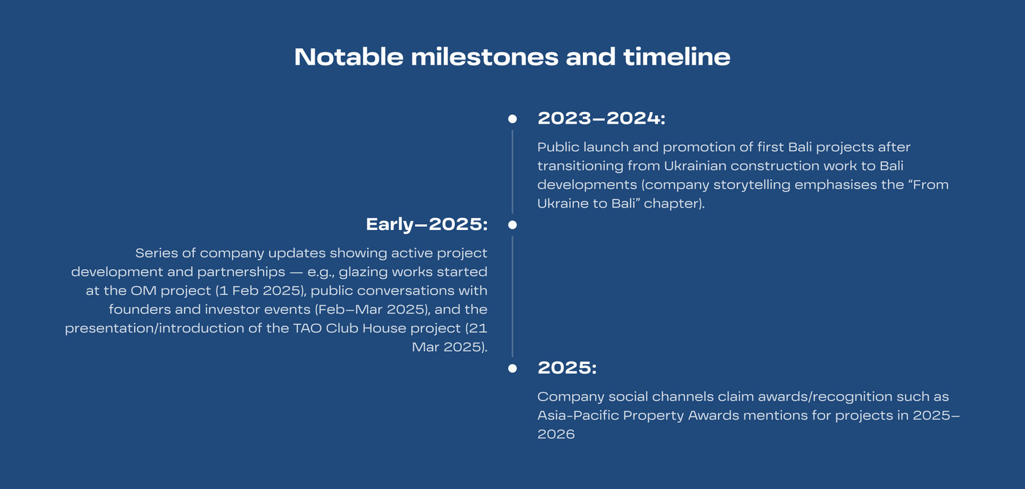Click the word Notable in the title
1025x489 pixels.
[x=348, y=57]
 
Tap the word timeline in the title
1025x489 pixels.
[x=676, y=57]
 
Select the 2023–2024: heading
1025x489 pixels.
[x=602, y=118]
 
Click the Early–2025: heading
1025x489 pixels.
[x=427, y=224]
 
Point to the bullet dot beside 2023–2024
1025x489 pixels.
[x=512, y=119]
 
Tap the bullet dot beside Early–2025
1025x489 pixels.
[x=512, y=225]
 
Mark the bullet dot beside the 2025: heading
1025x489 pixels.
[x=512, y=368]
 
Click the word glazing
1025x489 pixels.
[x=363, y=272]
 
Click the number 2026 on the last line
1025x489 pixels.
[x=556, y=434]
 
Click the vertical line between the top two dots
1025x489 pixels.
[x=512, y=172]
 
